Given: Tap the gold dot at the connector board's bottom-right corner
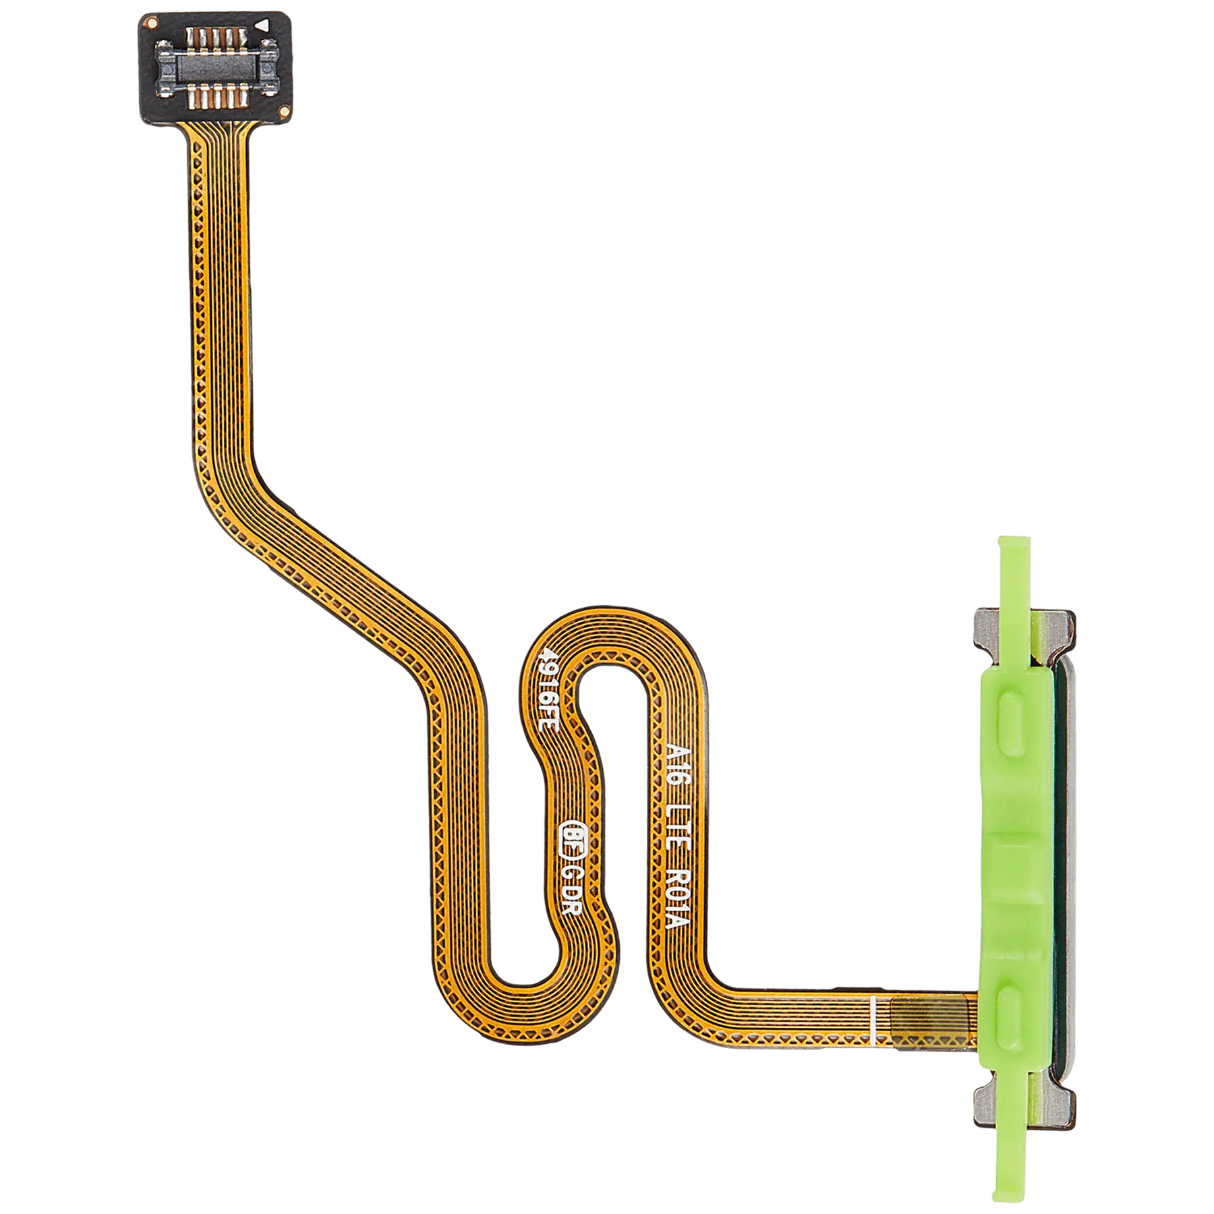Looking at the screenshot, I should [287, 111].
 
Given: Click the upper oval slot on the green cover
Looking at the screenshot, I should [1013, 718].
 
